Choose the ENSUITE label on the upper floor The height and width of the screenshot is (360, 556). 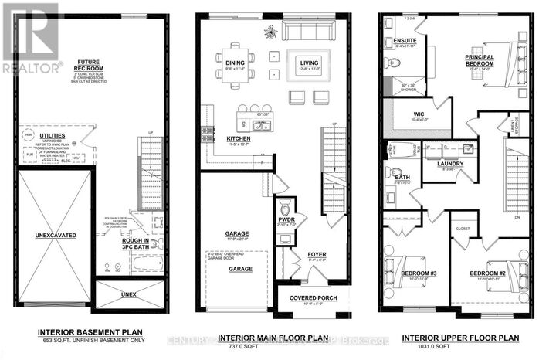point(405,39)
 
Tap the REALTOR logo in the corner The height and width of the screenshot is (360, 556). point(31,39)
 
